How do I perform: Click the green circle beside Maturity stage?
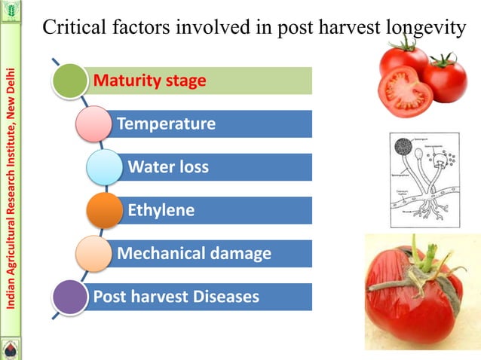pos(69,81)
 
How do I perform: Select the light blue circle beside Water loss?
pos(104,167)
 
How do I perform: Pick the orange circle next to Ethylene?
pos(104,210)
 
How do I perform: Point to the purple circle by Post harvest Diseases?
pos(69,297)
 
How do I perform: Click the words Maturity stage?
pos(149,81)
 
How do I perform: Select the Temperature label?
pos(166,124)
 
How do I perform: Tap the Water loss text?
pos(168,167)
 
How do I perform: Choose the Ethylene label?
pos(161,210)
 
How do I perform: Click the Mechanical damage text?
pos(194,254)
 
